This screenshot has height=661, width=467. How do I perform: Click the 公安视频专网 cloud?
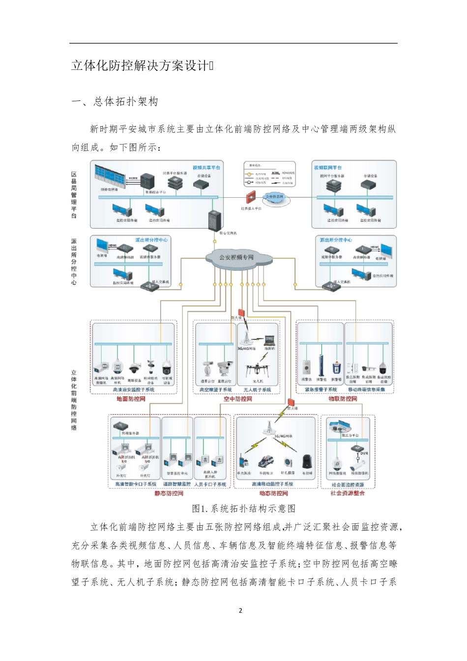(237, 257)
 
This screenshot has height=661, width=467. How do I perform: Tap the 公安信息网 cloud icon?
(274, 197)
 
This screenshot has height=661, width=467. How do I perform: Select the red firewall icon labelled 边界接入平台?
(251, 198)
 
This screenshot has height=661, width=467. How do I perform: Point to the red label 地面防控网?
(131, 399)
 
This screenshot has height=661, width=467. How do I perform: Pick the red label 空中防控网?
(237, 399)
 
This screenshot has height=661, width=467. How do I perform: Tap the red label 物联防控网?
(343, 399)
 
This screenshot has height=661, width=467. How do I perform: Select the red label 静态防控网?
(169, 493)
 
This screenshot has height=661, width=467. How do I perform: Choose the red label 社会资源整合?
(348, 493)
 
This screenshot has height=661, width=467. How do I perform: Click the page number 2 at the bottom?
(240, 610)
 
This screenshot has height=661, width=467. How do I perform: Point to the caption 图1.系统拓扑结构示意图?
(243, 509)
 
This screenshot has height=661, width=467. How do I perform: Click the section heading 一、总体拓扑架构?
(115, 102)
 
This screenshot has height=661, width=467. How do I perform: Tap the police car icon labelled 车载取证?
(266, 462)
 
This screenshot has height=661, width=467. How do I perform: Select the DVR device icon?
(358, 448)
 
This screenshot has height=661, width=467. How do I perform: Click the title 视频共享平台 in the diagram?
(206, 168)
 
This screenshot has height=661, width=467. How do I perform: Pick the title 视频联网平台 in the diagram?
(328, 168)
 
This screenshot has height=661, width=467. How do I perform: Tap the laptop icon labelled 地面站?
(270, 340)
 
